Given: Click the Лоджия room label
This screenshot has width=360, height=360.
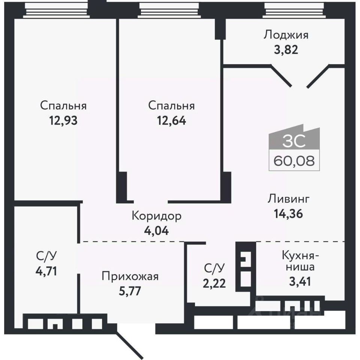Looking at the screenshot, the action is coord(286,35).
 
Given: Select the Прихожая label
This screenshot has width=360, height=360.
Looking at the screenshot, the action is coord(130,277).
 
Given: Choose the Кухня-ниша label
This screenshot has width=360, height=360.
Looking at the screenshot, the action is coord(300,262).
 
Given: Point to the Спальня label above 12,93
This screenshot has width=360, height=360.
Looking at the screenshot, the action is coord(63,106).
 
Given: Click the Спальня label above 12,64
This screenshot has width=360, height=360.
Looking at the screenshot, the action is coord(171,106).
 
